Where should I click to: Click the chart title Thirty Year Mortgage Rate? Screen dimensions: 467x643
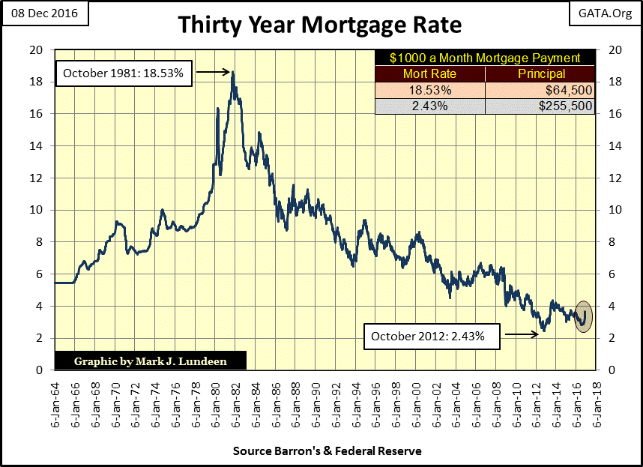click(320, 25)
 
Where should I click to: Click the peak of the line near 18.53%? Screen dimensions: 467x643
click(233, 73)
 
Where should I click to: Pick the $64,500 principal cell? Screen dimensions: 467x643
click(540, 90)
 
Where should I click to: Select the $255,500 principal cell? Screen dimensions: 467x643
click(540, 106)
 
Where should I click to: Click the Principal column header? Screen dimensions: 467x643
click(540, 74)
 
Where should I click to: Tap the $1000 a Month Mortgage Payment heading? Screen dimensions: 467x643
click(485, 58)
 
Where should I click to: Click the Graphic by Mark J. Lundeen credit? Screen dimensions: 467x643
click(150, 361)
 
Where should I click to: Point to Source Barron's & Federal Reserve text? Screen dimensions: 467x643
click(327, 451)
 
